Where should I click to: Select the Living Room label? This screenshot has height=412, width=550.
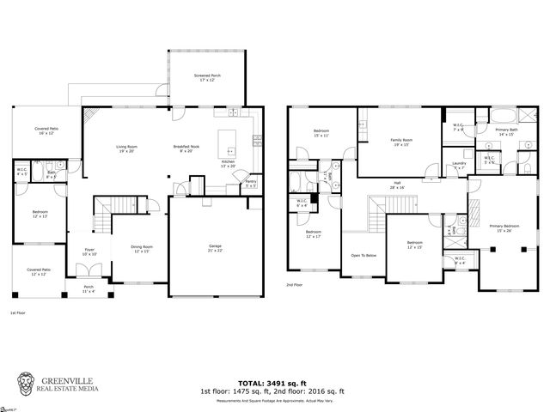tap(128, 148)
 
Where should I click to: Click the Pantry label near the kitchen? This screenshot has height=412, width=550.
tap(251, 183)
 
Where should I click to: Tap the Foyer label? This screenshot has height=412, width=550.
tap(89, 251)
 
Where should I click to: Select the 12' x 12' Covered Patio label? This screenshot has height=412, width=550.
tap(38, 271)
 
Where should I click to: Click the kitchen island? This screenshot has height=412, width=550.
tap(227, 138)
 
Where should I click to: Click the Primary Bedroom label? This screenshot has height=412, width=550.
tap(500, 228)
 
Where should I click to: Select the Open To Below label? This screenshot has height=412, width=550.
tap(364, 255)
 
